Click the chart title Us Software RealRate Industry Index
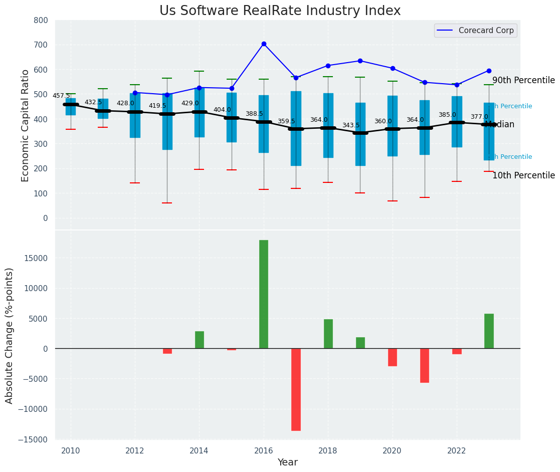(280, 11)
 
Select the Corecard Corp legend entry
(475, 31)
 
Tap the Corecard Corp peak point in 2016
(264, 44)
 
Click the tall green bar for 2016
(264, 294)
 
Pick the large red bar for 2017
(296, 389)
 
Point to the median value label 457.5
(61, 96)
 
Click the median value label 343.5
(351, 125)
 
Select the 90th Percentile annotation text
(523, 81)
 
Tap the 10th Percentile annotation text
(523, 176)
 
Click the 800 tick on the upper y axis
(41, 21)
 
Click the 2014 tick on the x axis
(199, 450)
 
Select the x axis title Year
(288, 462)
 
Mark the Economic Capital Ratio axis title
(26, 125)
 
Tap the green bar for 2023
(489, 331)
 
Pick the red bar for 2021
(425, 365)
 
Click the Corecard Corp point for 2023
(489, 71)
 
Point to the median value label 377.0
(479, 117)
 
